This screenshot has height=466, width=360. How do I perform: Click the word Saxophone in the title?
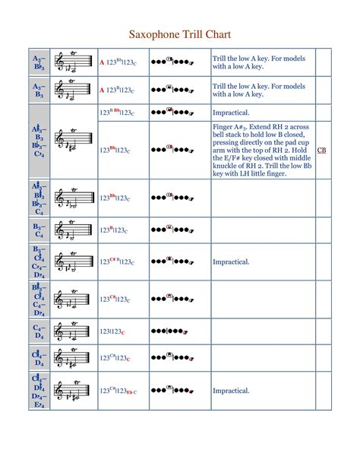(151, 35)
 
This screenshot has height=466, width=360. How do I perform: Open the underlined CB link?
(321, 150)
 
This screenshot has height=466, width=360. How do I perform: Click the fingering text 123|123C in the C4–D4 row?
(112, 331)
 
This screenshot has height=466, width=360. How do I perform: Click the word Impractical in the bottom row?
(231, 391)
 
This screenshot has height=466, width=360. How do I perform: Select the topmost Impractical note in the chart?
(231, 113)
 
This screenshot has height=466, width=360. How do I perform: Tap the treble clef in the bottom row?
(61, 392)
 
